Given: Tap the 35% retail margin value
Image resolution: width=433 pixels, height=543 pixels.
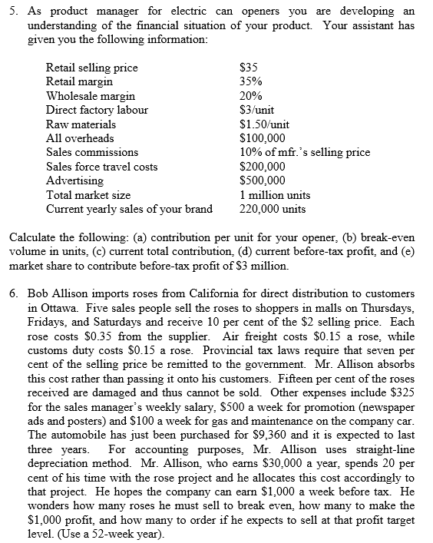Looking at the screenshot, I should [x=250, y=81].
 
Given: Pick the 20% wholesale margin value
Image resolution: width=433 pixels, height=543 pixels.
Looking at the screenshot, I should [x=250, y=96].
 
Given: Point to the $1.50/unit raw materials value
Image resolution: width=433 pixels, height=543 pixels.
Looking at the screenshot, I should [x=265, y=124].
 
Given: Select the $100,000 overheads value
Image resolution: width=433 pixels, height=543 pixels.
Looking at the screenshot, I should [x=263, y=138].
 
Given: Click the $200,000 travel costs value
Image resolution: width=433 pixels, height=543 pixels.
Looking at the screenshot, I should [x=263, y=167].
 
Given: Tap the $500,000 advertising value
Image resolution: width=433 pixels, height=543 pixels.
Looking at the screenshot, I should [x=263, y=180].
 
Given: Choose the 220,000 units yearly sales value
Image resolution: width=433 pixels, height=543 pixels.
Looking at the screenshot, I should [x=273, y=209].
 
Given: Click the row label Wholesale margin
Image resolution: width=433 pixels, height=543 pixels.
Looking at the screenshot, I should [x=91, y=96].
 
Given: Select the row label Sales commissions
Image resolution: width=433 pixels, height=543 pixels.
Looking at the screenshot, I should [x=92, y=152].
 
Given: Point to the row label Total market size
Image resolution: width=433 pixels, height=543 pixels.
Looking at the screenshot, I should [x=88, y=195].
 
